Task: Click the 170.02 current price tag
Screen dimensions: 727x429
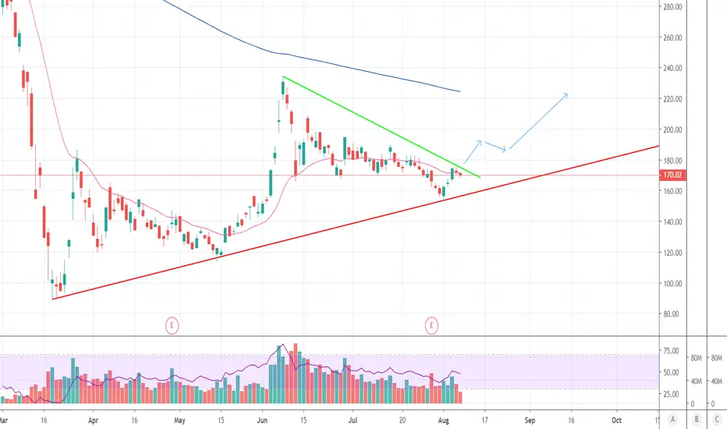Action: pyautogui.click(x=672, y=175)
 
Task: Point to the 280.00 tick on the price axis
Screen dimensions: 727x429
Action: pyautogui.click(x=672, y=7)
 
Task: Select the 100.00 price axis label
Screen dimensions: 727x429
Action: pyautogui.click(x=672, y=283)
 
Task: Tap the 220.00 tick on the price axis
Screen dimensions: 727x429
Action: pyautogui.click(x=672, y=99)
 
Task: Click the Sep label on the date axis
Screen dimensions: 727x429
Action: pyautogui.click(x=530, y=420)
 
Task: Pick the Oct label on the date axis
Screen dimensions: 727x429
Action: pyautogui.click(x=616, y=420)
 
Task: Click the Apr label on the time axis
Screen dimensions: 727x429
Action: pyautogui.click(x=93, y=420)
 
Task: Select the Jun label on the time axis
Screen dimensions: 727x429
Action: pyautogui.click(x=262, y=420)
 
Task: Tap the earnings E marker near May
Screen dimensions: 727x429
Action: pyautogui.click(x=172, y=325)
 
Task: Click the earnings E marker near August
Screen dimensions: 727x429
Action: pyautogui.click(x=431, y=325)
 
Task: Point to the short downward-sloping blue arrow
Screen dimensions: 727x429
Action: pyautogui.click(x=495, y=147)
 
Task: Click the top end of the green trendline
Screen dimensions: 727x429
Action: pyautogui.click(x=283, y=76)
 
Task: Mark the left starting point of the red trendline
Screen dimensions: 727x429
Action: pyautogui.click(x=53, y=299)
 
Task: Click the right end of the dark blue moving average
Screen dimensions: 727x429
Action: pyautogui.click(x=460, y=91)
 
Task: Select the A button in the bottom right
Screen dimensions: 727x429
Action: pyautogui.click(x=672, y=420)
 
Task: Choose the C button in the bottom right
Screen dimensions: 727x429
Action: pyautogui.click(x=717, y=420)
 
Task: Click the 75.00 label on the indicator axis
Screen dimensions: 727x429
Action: pyautogui.click(x=672, y=351)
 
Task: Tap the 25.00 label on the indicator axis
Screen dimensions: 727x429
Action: pyautogui.click(x=672, y=394)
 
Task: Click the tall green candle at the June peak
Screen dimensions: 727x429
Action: pyautogui.click(x=283, y=88)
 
